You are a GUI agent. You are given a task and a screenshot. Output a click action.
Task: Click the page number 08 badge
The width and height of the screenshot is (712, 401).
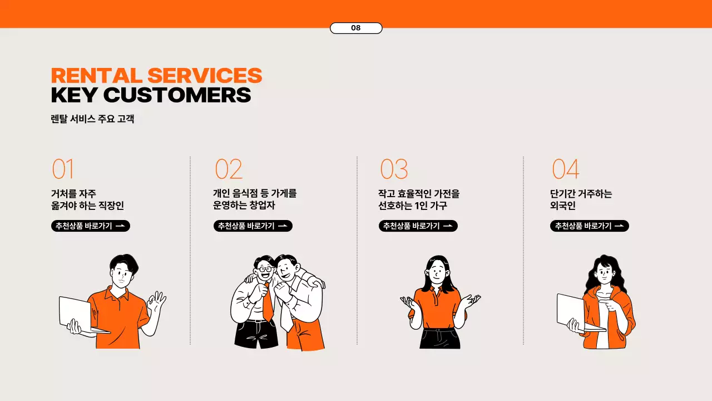coord(356,28)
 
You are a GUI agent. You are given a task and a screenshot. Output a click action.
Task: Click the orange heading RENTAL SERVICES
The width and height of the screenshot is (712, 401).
coord(156,75)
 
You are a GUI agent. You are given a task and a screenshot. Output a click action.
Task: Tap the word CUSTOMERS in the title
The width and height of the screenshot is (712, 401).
coord(177,95)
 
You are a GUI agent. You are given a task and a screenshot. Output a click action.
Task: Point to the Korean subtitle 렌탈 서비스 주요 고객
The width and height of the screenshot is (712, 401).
coord(92,119)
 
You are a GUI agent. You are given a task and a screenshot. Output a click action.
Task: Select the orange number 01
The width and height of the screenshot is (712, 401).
coord(63,169)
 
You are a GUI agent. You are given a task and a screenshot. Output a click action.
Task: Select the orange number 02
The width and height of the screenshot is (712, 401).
coord(229,169)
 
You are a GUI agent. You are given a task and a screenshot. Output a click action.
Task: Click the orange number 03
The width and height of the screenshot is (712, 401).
coord(394,169)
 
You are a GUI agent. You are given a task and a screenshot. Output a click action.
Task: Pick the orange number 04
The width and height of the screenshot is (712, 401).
coord(566,169)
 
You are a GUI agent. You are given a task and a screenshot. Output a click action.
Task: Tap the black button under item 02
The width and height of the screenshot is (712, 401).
coord(253,226)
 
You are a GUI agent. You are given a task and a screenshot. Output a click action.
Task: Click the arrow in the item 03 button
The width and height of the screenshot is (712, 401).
coord(448,226)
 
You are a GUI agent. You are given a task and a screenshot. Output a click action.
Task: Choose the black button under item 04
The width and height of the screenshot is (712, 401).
coord(590,226)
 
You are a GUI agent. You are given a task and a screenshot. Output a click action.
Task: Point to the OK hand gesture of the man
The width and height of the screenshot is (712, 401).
coord(156,301)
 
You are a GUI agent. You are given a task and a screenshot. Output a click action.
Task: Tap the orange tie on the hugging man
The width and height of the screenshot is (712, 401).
coord(268,302)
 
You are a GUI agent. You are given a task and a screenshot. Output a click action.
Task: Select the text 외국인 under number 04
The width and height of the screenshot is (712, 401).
coord(562,206)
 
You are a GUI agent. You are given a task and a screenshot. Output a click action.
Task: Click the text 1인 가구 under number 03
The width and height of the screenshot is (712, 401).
coord(431,206)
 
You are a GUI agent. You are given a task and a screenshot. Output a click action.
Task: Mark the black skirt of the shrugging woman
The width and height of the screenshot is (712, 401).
coord(439,338)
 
